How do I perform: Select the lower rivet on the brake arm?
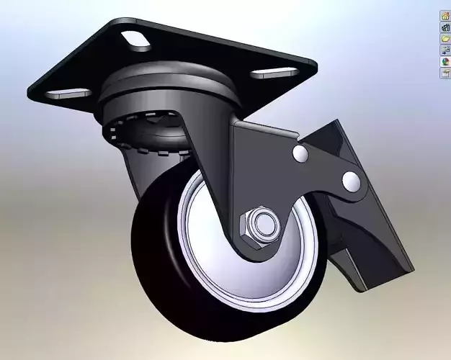[351, 180]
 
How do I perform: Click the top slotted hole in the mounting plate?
[135, 39]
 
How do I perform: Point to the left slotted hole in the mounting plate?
[68, 93]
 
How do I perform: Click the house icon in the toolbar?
[445, 15]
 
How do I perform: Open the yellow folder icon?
[445, 38]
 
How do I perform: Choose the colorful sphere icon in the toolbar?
[445, 62]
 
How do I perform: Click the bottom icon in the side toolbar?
[445, 73]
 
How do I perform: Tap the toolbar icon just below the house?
[445, 27]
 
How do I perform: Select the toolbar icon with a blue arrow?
[445, 50]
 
